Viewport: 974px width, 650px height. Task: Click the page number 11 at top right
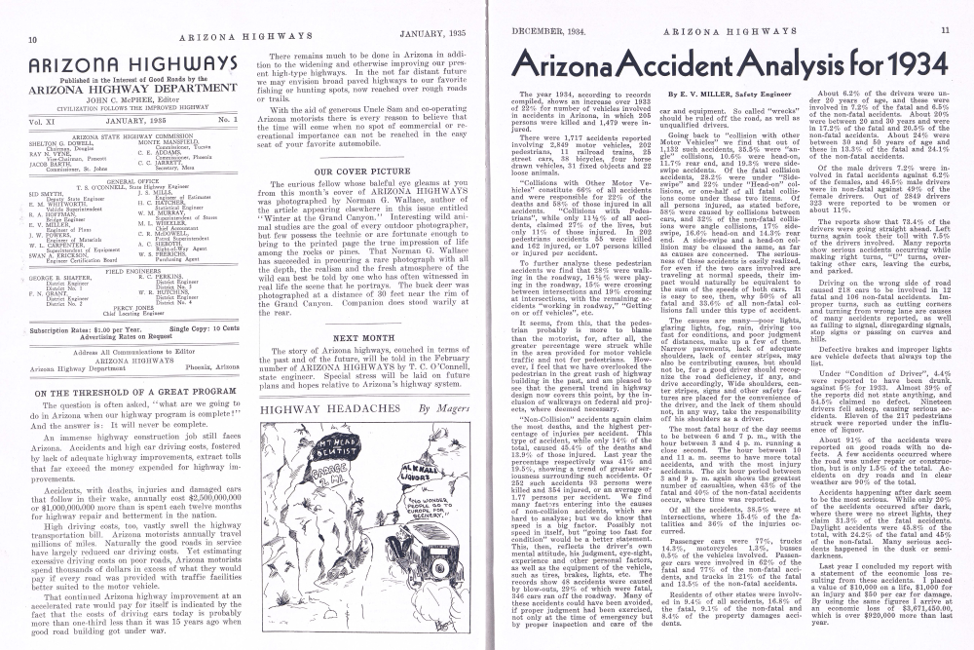[x=945, y=30]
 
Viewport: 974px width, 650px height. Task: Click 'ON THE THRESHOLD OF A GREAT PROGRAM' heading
[x=136, y=393]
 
